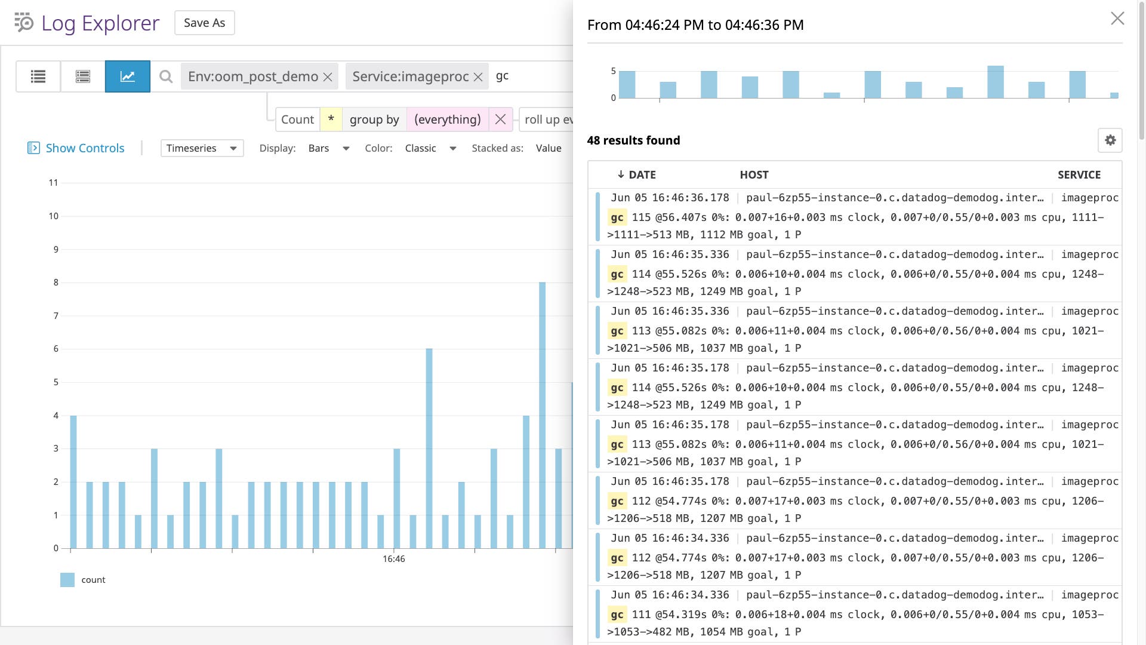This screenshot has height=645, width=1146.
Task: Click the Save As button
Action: point(204,23)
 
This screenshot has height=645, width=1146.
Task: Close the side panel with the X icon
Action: point(1117,19)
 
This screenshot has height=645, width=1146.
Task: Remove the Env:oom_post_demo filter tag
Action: point(328,77)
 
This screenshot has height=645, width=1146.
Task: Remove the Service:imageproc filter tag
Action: point(478,77)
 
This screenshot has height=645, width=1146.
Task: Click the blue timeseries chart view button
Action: point(127,76)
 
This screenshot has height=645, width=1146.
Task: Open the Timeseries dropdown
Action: point(202,148)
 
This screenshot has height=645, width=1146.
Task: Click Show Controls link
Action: point(85,148)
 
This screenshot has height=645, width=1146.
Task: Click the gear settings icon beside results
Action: point(1110,140)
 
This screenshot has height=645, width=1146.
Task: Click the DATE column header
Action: point(642,175)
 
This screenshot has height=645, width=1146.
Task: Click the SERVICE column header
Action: point(1079,175)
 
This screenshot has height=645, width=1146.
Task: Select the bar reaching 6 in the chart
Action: point(429,448)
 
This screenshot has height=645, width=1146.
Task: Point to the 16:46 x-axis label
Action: point(393,559)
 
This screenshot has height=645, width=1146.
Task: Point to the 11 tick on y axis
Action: point(53,183)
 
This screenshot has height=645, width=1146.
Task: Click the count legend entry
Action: point(93,580)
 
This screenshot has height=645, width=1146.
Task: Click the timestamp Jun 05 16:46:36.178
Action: point(670,198)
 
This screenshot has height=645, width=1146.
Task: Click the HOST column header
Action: point(754,175)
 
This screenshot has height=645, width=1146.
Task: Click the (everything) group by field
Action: point(447,119)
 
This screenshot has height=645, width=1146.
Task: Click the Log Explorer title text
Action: point(100,23)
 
